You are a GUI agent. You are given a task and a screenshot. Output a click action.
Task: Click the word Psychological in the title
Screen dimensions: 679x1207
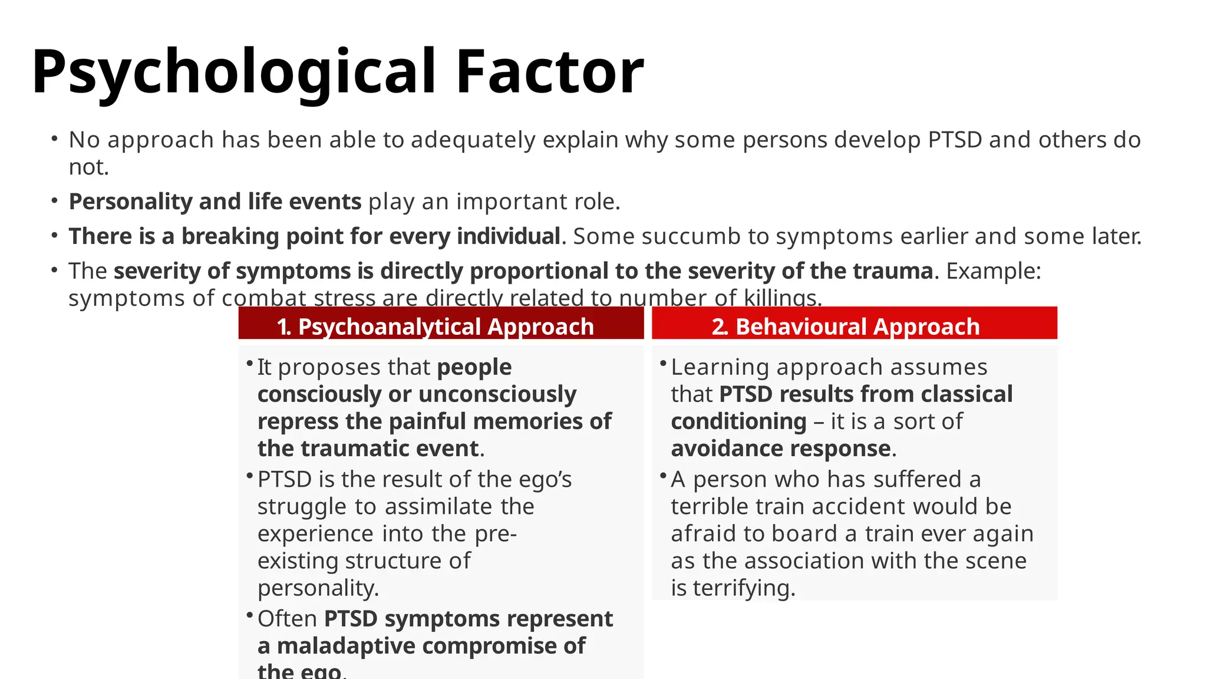point(233,72)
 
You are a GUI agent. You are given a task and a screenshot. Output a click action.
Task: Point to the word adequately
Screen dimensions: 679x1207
point(473,140)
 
